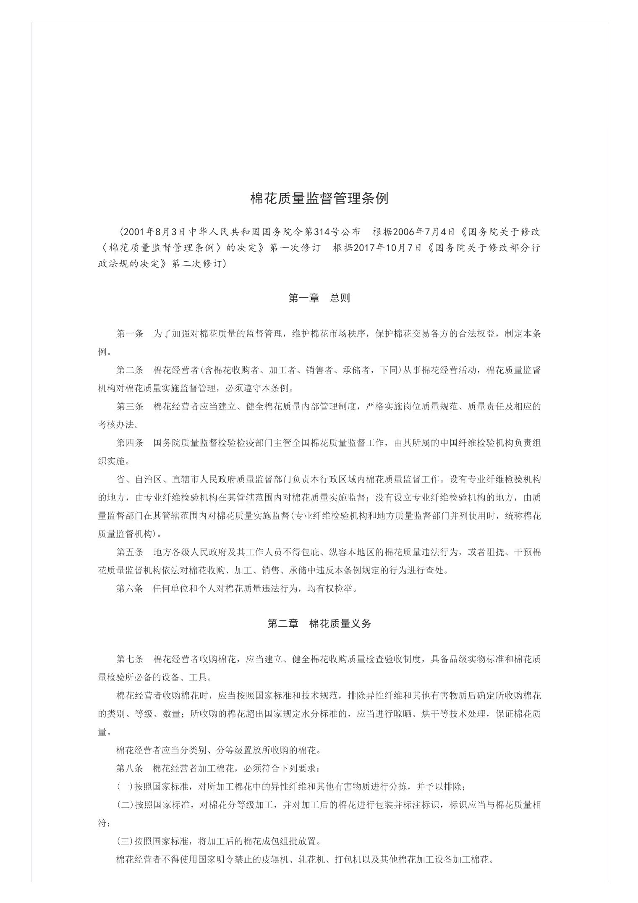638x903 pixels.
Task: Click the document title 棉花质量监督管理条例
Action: click(x=319, y=199)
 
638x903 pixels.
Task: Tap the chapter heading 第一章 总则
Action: click(x=319, y=298)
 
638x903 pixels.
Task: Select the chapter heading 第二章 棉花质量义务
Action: click(x=319, y=623)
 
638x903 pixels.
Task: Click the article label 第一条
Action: click(x=130, y=334)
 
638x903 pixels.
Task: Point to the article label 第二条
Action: click(x=130, y=370)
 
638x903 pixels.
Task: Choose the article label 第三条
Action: click(x=130, y=407)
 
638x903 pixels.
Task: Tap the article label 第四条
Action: click(x=130, y=443)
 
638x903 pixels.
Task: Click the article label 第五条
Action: click(x=130, y=552)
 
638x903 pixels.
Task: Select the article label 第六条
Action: click(x=130, y=588)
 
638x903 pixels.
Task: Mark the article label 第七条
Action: click(x=130, y=659)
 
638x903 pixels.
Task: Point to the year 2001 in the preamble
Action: click(x=133, y=232)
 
